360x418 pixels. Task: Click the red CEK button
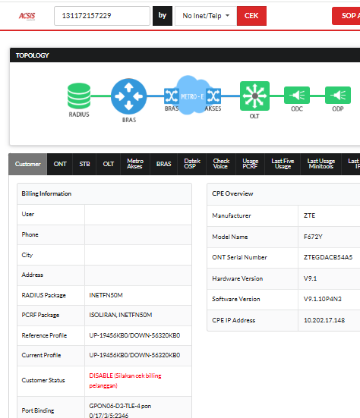[x=251, y=16]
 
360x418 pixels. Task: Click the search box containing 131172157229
[x=102, y=16]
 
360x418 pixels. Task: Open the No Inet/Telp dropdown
[x=206, y=16]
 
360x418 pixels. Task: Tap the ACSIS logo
[x=27, y=16]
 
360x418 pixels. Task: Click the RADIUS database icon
[x=79, y=96]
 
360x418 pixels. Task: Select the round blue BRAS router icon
[x=128, y=96]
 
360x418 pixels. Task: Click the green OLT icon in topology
[x=254, y=96]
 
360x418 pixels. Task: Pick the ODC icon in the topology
[x=297, y=95]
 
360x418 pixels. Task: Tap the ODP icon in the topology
[x=338, y=95]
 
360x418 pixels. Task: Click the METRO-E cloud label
[x=192, y=96]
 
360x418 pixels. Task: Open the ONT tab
[x=60, y=164]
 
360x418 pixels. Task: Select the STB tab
[x=84, y=164]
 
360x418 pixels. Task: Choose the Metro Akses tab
[x=135, y=164]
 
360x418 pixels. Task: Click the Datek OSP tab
[x=192, y=164]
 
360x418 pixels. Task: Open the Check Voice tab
[x=221, y=164]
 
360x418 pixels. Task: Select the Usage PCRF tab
[x=250, y=164]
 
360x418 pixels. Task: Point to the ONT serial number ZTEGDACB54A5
[x=328, y=257]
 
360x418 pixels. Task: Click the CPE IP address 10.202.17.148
[x=324, y=320]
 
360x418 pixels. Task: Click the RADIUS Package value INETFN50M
[x=106, y=295]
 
